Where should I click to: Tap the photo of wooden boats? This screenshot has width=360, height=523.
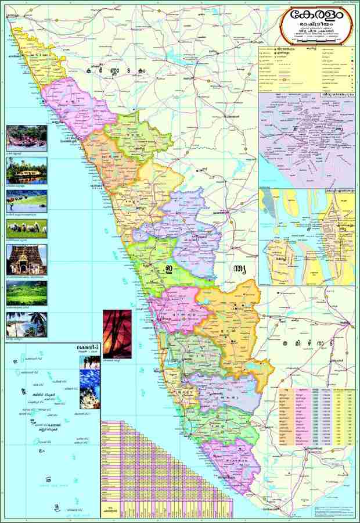26,137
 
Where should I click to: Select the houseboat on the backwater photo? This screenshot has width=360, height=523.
26,170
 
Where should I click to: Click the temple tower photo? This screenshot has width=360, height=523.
26,259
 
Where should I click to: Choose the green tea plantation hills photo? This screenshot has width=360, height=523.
26,293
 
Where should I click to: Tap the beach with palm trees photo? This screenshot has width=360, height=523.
26,324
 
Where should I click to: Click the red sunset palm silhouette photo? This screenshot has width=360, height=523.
117,334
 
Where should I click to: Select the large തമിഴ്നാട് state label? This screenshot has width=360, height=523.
307,343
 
